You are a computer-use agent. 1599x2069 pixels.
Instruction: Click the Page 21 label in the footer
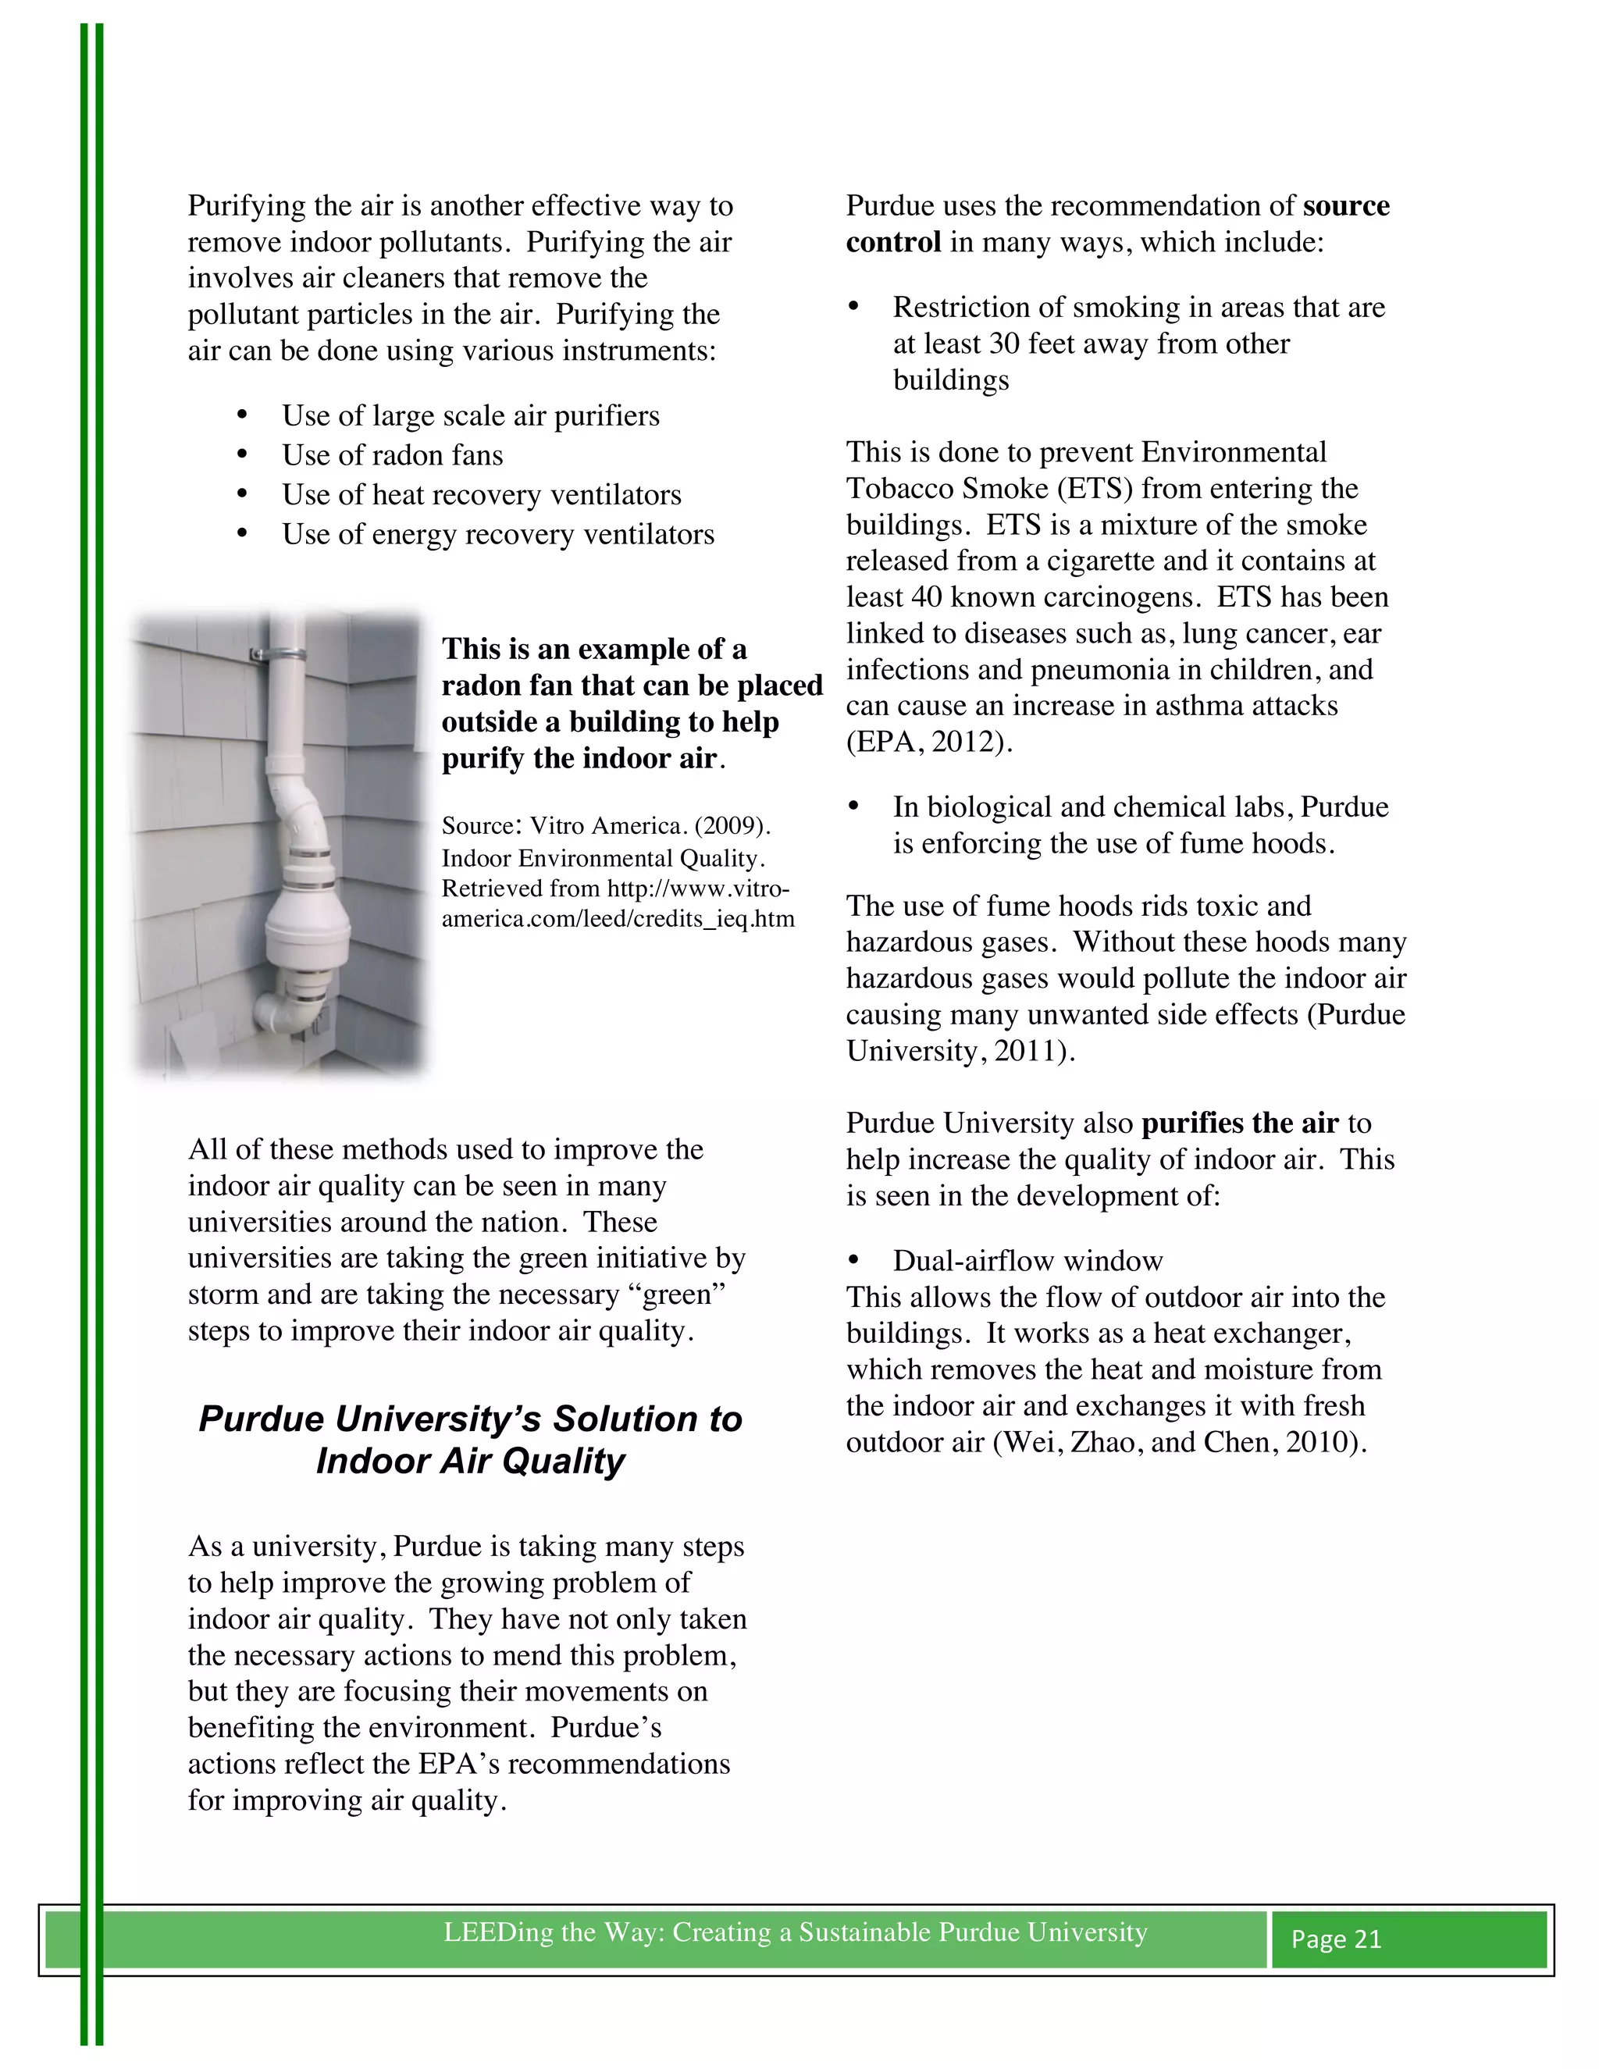click(x=1336, y=1939)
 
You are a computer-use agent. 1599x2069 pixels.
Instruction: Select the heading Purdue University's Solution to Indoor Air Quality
click(x=470, y=1439)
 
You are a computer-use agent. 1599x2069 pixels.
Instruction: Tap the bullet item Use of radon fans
click(x=392, y=456)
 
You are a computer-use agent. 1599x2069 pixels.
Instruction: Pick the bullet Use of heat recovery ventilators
click(x=481, y=496)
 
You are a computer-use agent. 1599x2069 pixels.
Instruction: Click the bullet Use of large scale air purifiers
click(x=470, y=416)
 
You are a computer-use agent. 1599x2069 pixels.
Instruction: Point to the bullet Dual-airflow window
click(x=1027, y=1261)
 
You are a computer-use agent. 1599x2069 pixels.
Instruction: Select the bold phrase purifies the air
click(x=1239, y=1124)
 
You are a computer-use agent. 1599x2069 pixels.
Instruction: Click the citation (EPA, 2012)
click(x=928, y=742)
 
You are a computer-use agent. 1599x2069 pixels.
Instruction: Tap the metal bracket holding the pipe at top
click(x=275, y=654)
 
